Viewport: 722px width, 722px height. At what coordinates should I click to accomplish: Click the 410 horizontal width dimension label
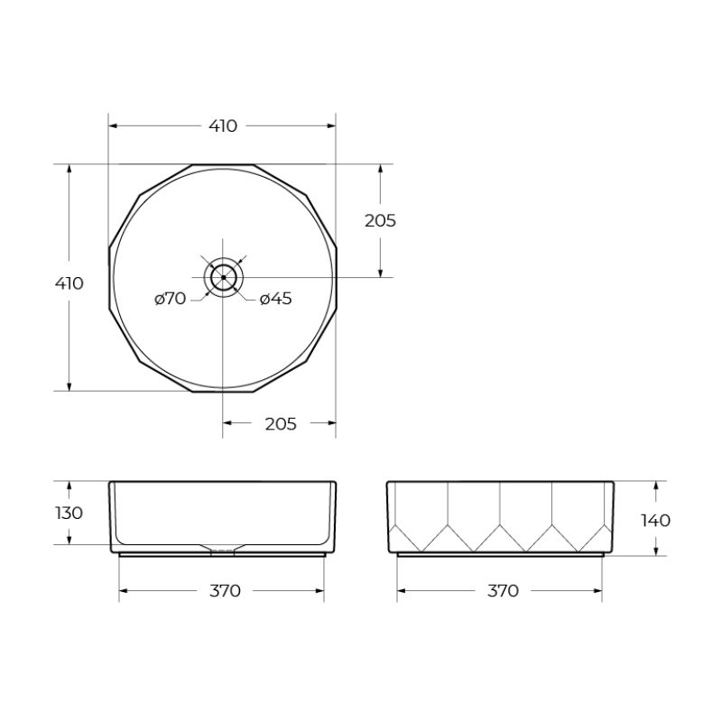pyautogui.click(x=223, y=126)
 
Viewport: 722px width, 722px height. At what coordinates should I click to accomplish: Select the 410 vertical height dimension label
pyautogui.click(x=69, y=283)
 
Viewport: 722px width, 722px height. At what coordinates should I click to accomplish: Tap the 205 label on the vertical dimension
pyautogui.click(x=380, y=220)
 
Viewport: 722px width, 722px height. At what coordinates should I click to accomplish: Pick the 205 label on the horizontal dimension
pyautogui.click(x=281, y=423)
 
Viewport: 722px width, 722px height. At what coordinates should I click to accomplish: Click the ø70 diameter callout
pyautogui.click(x=170, y=300)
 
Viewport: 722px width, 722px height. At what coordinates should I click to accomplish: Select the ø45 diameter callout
pyautogui.click(x=275, y=300)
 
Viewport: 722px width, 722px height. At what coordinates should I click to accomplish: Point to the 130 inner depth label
pyautogui.click(x=69, y=513)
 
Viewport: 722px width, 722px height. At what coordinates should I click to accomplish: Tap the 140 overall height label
pyautogui.click(x=656, y=520)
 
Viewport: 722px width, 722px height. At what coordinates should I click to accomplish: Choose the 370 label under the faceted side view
pyautogui.click(x=503, y=591)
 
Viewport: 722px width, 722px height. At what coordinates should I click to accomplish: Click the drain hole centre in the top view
pyautogui.click(x=223, y=277)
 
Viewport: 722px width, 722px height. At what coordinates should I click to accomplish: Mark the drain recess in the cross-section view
pyautogui.click(x=222, y=547)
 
